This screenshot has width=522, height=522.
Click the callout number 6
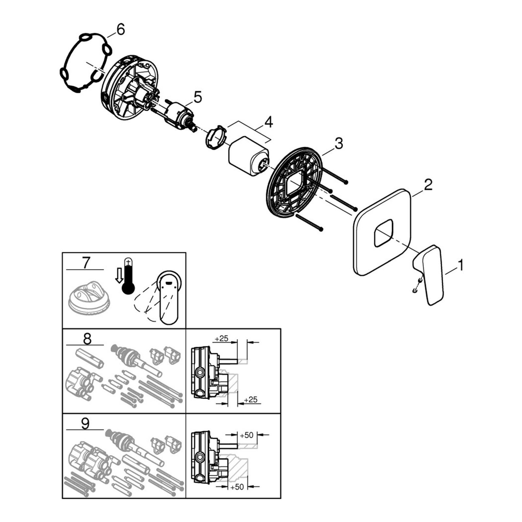(x=120, y=30)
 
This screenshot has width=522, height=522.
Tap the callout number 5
(x=198, y=97)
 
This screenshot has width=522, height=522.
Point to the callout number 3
(x=339, y=143)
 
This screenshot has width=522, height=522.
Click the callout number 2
(x=428, y=184)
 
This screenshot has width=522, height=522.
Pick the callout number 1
(x=460, y=265)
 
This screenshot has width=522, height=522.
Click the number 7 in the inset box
(x=86, y=263)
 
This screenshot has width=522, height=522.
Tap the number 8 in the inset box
(x=87, y=339)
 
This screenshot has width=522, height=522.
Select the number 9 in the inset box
(x=85, y=424)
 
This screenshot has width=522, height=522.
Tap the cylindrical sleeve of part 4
(x=249, y=156)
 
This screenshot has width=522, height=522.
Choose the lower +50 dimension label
(x=237, y=487)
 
